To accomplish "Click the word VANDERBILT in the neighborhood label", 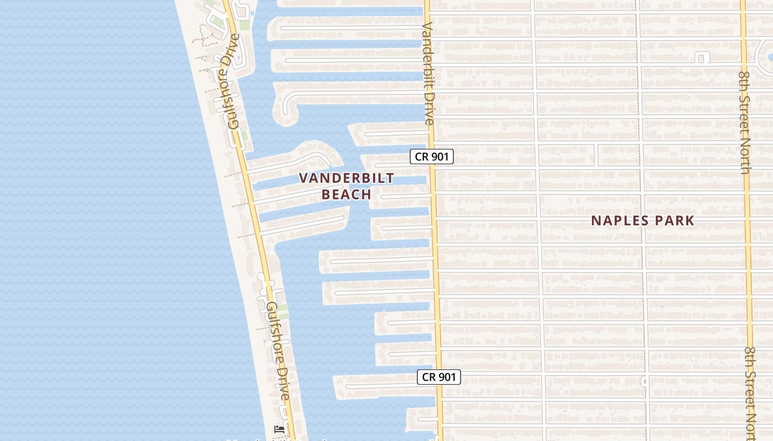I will [347, 178].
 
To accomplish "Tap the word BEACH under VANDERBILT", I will [347, 194].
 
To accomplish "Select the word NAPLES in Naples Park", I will [618, 220].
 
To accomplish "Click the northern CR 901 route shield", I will [432, 157].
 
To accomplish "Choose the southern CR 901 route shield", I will [438, 377].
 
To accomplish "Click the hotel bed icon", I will [279, 429].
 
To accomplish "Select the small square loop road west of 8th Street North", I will [703, 57].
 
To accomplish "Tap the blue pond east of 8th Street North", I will [769, 52].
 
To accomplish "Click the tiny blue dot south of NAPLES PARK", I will [662, 306].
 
